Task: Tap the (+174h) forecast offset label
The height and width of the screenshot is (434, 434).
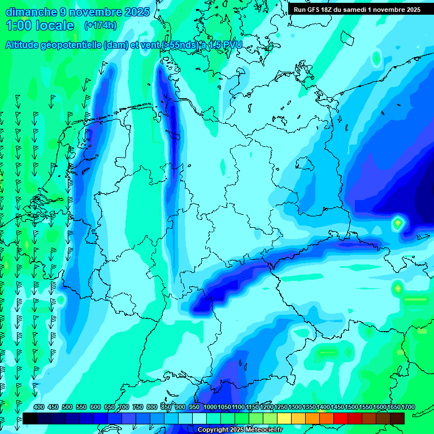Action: [100, 25]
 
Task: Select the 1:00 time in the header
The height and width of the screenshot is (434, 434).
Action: [19, 25]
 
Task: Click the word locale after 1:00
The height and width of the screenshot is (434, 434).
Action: [55, 25]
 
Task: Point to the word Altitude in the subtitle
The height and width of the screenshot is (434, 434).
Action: [23, 45]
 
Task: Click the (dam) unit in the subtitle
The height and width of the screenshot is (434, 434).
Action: [116, 45]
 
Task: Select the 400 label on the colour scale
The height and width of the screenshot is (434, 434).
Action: [39, 407]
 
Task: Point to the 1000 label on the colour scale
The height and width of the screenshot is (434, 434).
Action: [210, 407]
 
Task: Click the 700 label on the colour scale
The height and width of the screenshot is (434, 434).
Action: [124, 407]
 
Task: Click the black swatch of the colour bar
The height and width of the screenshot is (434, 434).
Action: [30, 418]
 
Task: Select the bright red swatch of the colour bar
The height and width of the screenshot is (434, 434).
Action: [341, 418]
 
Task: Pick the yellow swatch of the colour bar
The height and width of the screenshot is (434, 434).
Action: [284, 418]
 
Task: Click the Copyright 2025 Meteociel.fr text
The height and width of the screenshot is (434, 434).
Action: [240, 430]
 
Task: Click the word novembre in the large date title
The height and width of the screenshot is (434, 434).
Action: [93, 12]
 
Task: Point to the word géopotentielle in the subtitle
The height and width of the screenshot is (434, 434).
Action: [73, 45]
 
